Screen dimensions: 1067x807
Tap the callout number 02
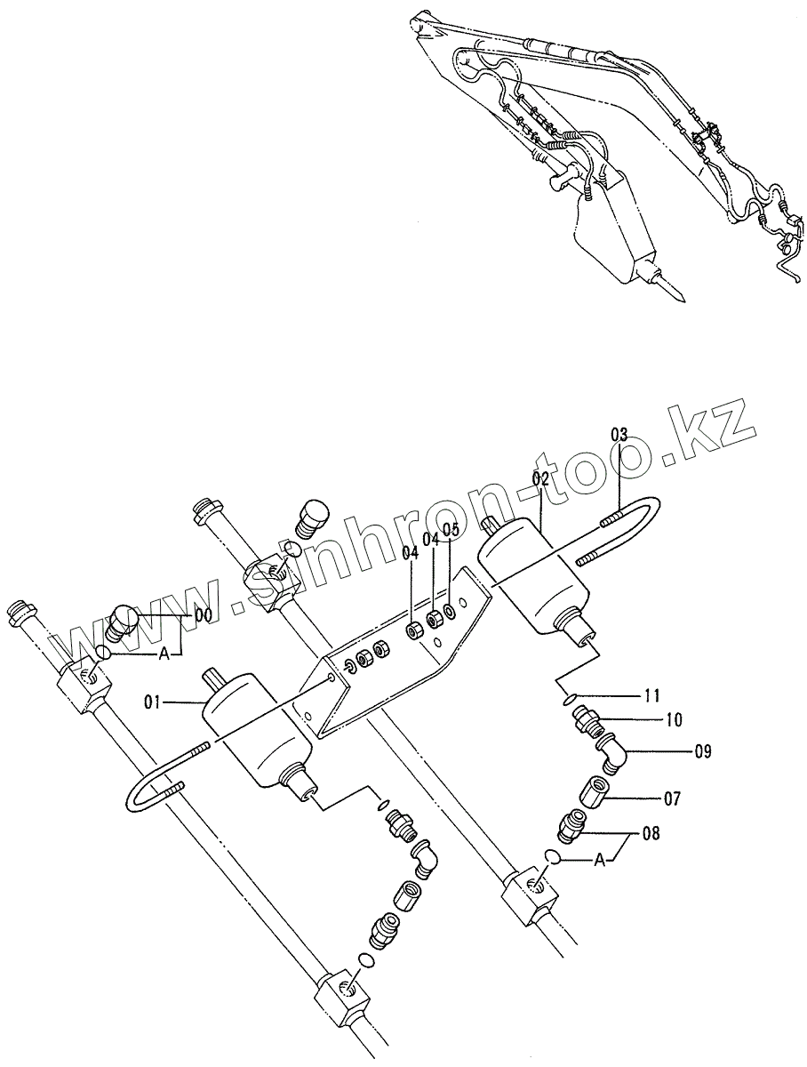(x=542, y=478)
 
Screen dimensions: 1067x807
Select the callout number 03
(x=619, y=435)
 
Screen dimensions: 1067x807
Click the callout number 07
(x=672, y=799)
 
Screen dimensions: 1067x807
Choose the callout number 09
(x=703, y=752)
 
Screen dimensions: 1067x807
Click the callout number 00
(x=204, y=614)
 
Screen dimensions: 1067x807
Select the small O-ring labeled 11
(x=568, y=699)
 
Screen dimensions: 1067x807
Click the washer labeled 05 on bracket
(x=449, y=613)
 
